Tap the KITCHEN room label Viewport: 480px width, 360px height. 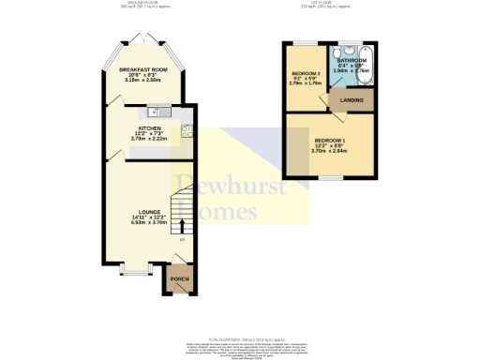point(149,127)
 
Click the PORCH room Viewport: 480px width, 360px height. point(177,279)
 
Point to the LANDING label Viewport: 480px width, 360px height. point(352,100)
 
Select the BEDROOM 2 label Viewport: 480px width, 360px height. point(307,73)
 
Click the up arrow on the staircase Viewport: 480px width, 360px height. point(182,225)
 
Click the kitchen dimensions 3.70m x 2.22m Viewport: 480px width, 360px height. point(149,139)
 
